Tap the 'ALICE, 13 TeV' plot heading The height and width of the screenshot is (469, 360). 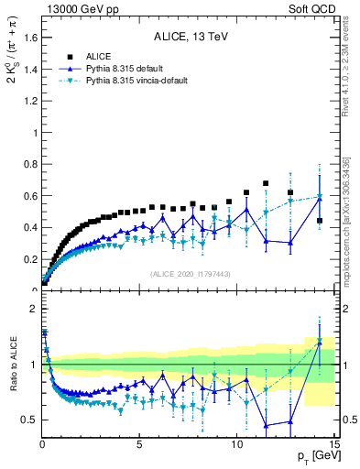(191, 38)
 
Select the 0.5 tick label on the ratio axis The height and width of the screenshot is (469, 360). (29, 420)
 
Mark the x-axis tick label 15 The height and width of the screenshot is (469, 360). (334, 446)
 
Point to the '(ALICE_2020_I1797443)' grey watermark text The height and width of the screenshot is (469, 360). (190, 275)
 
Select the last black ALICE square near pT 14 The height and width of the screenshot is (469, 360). (319, 221)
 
